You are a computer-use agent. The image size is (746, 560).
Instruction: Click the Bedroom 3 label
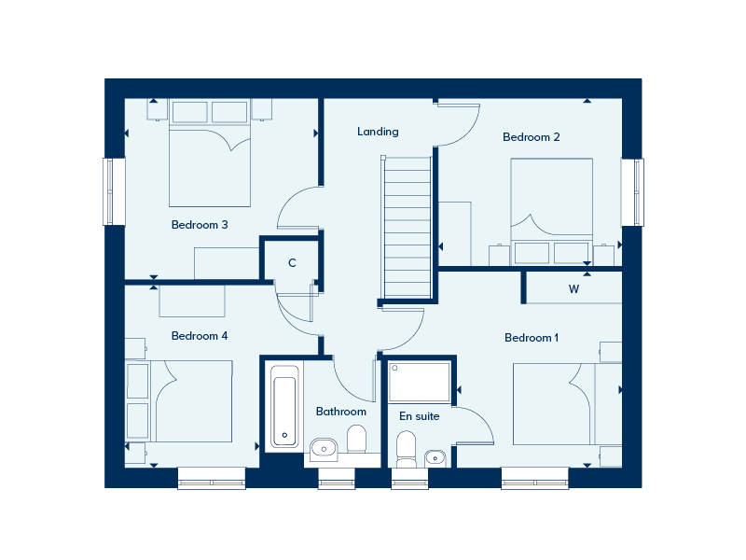[x=200, y=225]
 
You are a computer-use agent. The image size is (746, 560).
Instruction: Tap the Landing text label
[x=378, y=132]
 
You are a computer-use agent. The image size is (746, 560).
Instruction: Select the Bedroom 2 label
[x=531, y=137]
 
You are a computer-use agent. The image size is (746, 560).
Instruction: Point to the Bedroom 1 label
[x=531, y=338]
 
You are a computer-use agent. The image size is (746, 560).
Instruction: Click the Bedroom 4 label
[x=200, y=336]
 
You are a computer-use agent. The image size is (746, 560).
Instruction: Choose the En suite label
[x=419, y=416]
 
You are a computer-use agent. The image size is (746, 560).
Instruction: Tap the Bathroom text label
[x=340, y=412]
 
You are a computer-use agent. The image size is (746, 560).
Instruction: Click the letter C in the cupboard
[x=292, y=263]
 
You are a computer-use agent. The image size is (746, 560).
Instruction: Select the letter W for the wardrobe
[x=573, y=289]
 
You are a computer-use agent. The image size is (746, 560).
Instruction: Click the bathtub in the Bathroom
[x=283, y=406]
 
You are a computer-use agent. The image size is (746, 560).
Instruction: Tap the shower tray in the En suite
[x=420, y=382]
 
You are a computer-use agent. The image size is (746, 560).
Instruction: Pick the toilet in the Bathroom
[x=356, y=438]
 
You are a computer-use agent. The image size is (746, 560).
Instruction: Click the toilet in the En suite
[x=407, y=447]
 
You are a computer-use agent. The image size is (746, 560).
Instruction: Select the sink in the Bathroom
[x=324, y=449]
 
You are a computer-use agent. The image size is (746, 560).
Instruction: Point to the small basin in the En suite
[x=435, y=457]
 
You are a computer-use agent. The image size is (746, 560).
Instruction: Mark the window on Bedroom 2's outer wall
[x=633, y=192]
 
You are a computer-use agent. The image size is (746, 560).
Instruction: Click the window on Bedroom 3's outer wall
[x=113, y=191]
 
